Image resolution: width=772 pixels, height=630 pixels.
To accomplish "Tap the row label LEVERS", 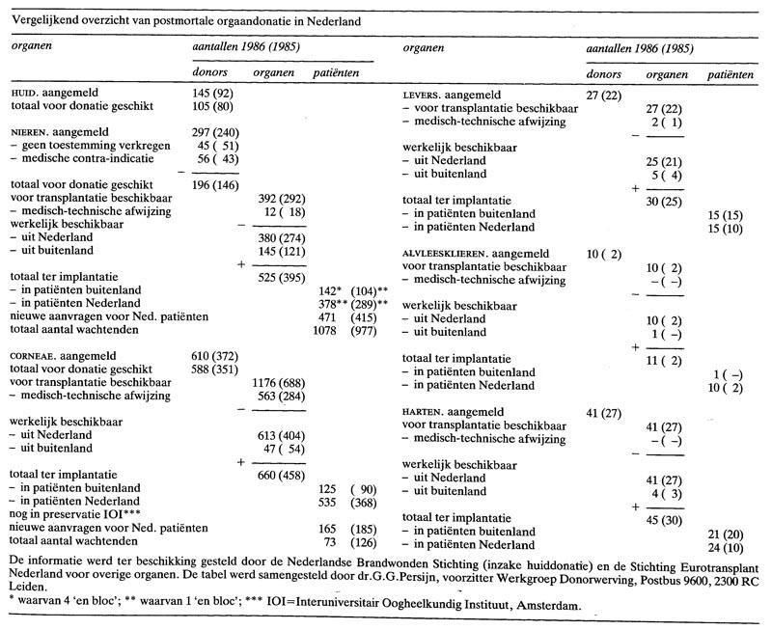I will click(x=422, y=96).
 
